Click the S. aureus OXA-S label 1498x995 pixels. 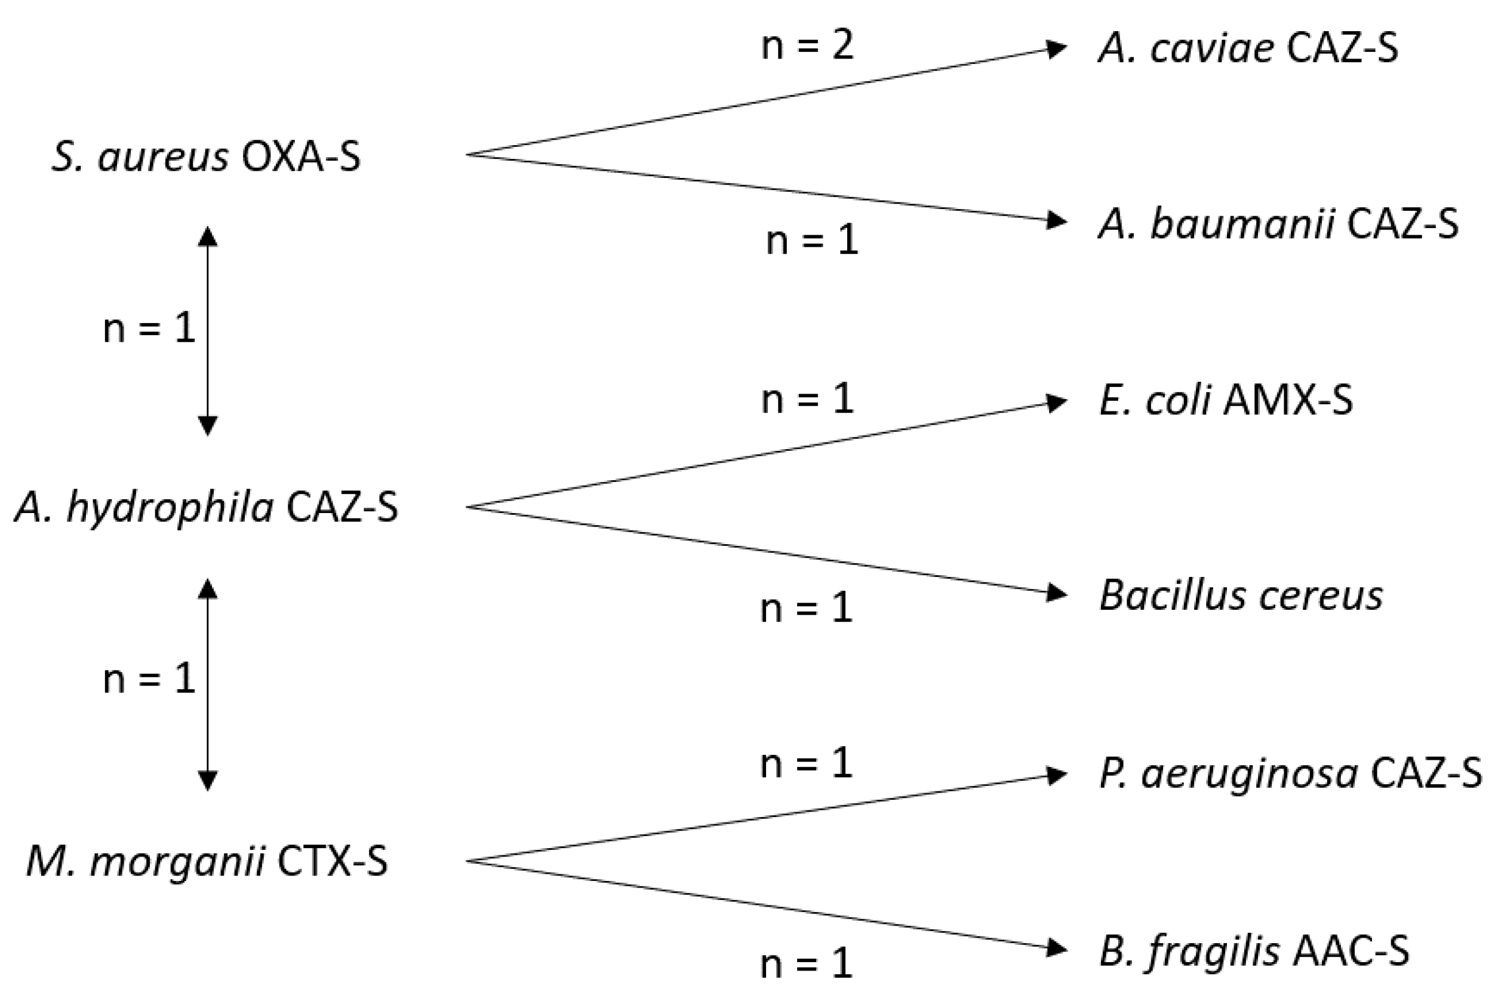206,156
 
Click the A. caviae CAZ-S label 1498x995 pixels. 1248,49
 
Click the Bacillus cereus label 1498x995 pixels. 1241,596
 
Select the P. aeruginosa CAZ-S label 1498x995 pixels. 1290,774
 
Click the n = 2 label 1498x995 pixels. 807,45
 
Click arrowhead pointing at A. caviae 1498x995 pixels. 1057,49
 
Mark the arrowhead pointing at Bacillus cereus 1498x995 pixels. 1057,593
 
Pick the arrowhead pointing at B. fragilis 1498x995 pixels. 1057,948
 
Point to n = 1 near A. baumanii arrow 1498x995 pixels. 812,241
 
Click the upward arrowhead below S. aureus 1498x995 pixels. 208,237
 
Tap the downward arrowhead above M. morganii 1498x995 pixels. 208,781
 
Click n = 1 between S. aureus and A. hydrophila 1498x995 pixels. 149,329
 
